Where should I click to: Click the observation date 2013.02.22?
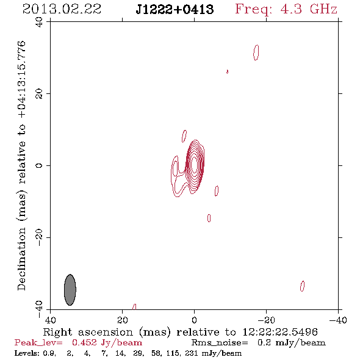coord(62,9)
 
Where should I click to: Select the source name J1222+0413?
coord(175,9)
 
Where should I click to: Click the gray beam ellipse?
coord(70,290)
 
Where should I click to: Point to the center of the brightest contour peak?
coord(194,165)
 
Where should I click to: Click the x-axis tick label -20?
coord(266,320)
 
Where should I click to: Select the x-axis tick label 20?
coord(123,320)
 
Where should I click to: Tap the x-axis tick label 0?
coord(195,320)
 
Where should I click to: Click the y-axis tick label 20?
coord(39,94)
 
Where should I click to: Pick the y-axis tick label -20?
coord(39,237)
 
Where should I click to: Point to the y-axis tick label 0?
coord(39,165)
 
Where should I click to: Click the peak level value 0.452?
coord(84,342)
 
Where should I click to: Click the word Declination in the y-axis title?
coord(21,259)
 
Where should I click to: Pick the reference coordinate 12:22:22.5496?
coord(280,332)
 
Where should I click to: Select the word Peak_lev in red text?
coord(38,342)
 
